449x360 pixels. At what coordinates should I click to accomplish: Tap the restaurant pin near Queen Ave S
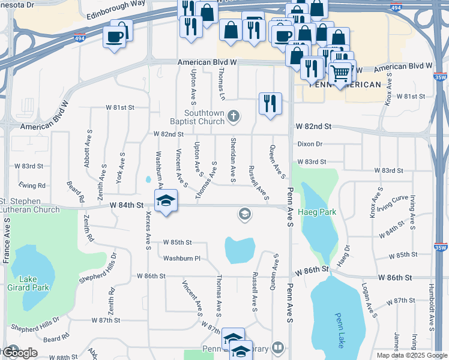click(x=270, y=103)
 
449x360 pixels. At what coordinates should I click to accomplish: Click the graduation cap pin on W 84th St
click(x=166, y=200)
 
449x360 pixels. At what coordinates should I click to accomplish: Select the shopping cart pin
click(x=340, y=73)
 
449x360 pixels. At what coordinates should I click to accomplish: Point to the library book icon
click(x=277, y=347)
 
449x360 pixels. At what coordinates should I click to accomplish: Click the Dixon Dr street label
click(x=310, y=144)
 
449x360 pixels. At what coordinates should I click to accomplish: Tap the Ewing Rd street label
click(x=32, y=185)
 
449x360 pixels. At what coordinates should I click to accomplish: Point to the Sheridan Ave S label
click(x=233, y=160)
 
